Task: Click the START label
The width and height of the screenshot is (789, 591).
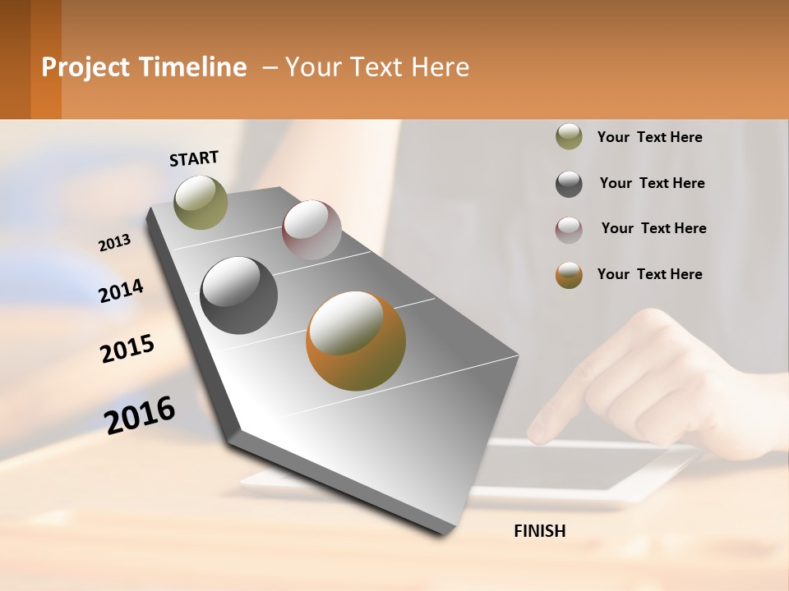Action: [194, 158]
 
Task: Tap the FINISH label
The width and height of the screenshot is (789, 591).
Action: [539, 531]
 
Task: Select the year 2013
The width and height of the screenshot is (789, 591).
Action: [114, 243]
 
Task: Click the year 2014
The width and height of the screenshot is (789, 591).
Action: [121, 291]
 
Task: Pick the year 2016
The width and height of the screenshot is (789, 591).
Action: [140, 415]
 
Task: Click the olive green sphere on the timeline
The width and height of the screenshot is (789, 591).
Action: [201, 202]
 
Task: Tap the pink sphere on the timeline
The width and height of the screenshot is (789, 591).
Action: [311, 230]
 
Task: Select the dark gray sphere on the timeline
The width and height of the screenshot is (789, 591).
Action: [238, 295]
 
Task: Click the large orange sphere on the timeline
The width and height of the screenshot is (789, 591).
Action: [356, 341]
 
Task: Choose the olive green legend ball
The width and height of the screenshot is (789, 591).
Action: [569, 136]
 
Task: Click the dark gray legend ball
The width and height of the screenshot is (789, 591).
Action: [569, 184]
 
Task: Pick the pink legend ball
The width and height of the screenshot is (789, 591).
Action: [569, 230]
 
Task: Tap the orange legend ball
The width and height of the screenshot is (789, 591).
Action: [569, 275]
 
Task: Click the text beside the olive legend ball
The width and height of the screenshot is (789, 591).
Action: [649, 137]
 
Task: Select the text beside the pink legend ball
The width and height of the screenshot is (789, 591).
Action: [653, 228]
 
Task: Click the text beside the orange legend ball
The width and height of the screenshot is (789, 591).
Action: [649, 274]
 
